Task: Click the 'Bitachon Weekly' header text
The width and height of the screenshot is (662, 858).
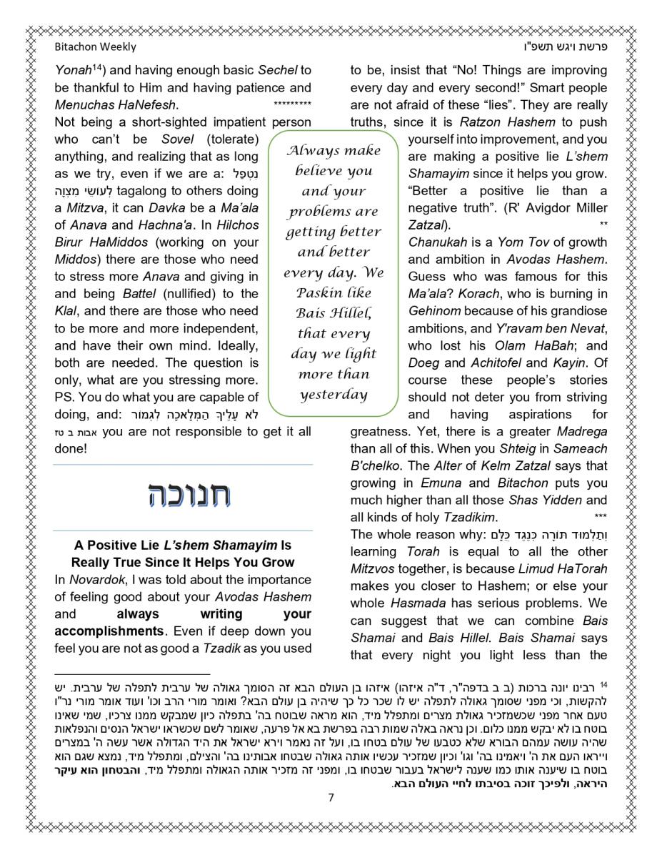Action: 95,47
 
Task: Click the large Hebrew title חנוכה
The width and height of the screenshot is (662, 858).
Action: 188,496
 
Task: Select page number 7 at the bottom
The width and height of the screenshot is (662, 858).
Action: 331,798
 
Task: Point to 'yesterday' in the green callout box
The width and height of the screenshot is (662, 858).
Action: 333,395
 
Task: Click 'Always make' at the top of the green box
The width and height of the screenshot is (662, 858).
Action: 333,151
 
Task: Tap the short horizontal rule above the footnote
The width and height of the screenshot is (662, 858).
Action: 132,674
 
